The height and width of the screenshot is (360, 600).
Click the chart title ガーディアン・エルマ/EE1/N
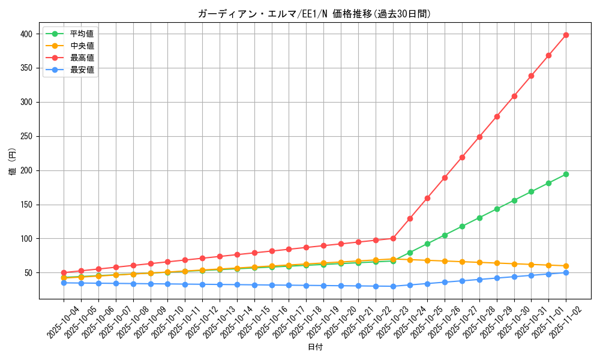[x=314, y=14]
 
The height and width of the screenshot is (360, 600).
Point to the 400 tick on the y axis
[x=27, y=34]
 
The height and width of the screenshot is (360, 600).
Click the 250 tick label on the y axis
[x=27, y=137]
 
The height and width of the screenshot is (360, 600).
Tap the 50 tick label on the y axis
[x=29, y=273]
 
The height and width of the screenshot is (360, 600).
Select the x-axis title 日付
[x=315, y=347]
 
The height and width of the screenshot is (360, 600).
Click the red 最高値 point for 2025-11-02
[x=566, y=35]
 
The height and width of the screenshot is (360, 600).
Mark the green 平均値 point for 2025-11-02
[x=566, y=175]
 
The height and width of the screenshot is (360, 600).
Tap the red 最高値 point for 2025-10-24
[x=410, y=218]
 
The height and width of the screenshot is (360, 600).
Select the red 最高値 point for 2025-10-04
[x=64, y=272]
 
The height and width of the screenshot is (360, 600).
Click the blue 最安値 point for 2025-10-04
[x=64, y=283]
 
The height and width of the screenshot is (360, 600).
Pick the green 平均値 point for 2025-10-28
[x=479, y=218]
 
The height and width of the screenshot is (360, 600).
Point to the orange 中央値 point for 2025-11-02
[x=566, y=266]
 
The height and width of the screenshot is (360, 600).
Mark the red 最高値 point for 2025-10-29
[x=497, y=116]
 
